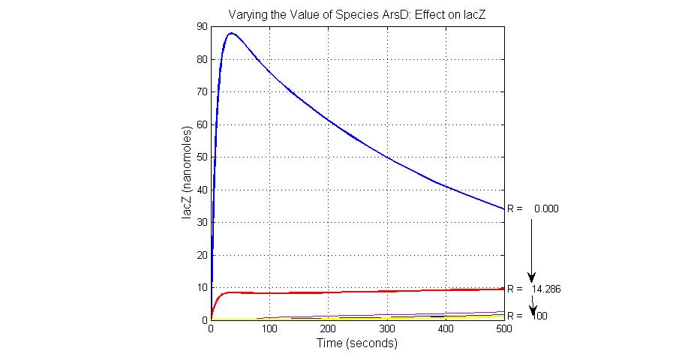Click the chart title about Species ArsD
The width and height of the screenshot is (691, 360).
(x=356, y=13)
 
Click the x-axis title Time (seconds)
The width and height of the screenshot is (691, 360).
(x=357, y=343)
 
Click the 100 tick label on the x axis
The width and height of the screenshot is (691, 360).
(x=269, y=330)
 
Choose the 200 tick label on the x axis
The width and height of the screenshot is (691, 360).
(x=328, y=330)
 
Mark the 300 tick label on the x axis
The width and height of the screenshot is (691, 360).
(x=386, y=330)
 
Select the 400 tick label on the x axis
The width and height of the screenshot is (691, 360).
(x=445, y=330)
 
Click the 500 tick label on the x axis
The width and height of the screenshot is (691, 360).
(x=503, y=330)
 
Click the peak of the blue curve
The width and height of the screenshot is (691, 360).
(x=231, y=33)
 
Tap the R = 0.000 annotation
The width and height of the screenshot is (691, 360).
(x=533, y=208)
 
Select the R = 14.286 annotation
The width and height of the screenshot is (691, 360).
(x=533, y=288)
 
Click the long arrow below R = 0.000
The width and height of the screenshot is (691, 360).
(x=532, y=247)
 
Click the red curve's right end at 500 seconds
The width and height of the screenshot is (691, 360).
(x=503, y=289)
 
